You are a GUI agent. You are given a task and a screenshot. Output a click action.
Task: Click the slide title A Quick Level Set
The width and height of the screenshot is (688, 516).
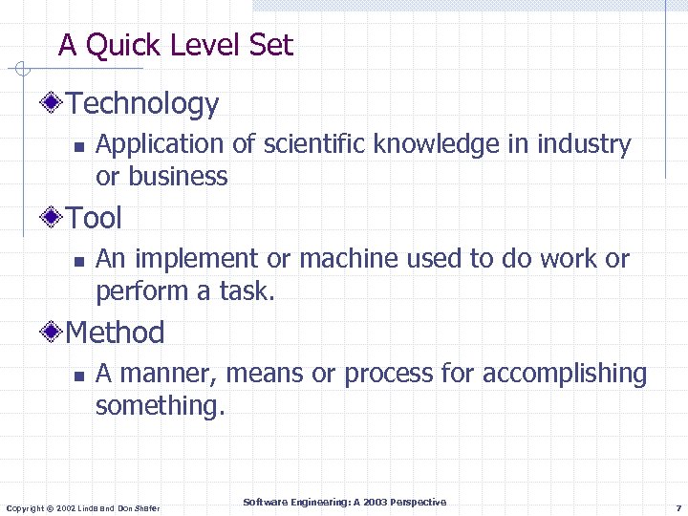(x=176, y=45)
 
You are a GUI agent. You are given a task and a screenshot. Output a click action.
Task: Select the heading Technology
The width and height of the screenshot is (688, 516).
(x=143, y=104)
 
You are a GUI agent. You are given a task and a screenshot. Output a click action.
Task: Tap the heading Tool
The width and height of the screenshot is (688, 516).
(x=95, y=219)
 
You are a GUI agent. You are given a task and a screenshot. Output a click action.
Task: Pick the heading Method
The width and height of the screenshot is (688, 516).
(x=116, y=333)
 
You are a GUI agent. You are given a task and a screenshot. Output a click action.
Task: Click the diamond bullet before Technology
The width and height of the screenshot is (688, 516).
(x=55, y=103)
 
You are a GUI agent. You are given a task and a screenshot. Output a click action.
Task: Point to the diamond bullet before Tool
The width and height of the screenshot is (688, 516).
(x=55, y=218)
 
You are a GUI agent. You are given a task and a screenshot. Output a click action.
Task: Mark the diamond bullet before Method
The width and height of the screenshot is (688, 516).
(x=55, y=333)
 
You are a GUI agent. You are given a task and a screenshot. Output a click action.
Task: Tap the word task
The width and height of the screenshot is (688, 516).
(x=247, y=291)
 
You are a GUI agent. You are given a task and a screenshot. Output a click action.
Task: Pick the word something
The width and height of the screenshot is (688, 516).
(x=160, y=406)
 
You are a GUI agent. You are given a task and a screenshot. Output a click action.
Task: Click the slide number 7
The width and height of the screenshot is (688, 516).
(x=677, y=506)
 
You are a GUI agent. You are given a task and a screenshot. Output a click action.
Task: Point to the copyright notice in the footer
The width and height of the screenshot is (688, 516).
(x=83, y=507)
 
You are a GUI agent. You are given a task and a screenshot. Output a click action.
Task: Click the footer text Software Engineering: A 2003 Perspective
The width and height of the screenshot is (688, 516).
(x=344, y=502)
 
